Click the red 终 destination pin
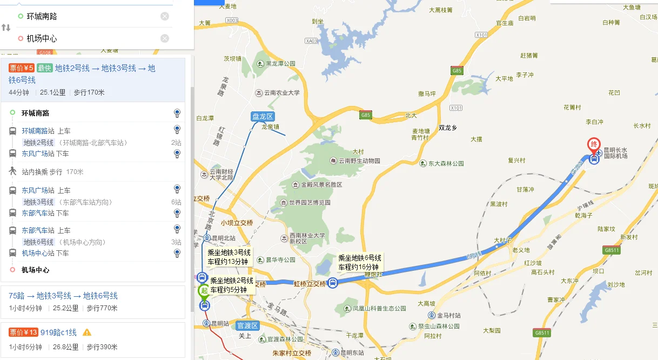coord(594,144)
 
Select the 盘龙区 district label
coord(263,116)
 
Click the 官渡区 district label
coord(248,325)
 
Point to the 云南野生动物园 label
coord(359,161)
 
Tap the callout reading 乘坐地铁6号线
coord(360,263)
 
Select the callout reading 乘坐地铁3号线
coord(229,257)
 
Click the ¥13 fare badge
coord(23,332)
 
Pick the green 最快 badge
coord(44,68)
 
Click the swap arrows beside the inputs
coord(6,27)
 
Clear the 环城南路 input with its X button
coord(165,16)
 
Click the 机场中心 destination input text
coord(42,38)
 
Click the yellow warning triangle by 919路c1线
coord(87,332)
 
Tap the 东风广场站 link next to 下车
coord(38,154)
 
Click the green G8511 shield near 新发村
coord(612,250)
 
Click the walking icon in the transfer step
coord(12,171)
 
